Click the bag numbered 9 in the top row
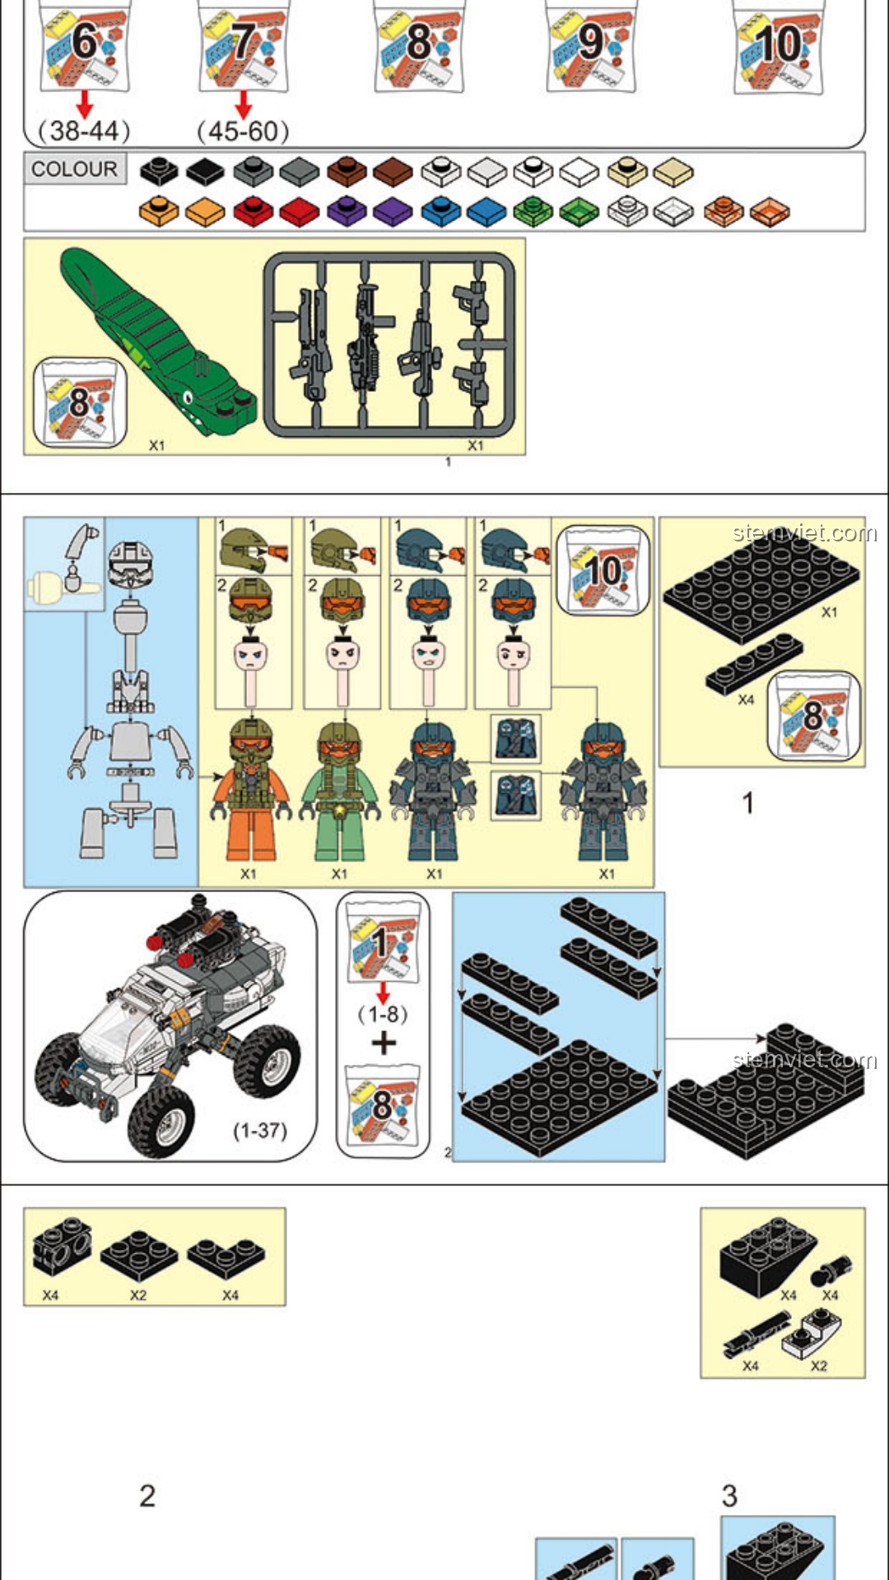pyautogui.click(x=591, y=48)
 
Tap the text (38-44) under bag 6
pyautogui.click(x=84, y=130)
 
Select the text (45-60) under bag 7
pyautogui.click(x=243, y=130)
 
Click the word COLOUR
pyautogui.click(x=74, y=169)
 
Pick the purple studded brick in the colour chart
pyautogui.click(x=347, y=211)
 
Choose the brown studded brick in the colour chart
pyautogui.click(x=347, y=171)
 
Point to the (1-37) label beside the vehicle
pyautogui.click(x=260, y=1131)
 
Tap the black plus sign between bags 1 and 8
pyautogui.click(x=384, y=1043)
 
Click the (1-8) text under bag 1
pyautogui.click(x=383, y=1014)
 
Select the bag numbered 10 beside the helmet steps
pyautogui.click(x=603, y=570)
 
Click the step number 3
pyautogui.click(x=729, y=1495)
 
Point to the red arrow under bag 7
pyautogui.click(x=243, y=105)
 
